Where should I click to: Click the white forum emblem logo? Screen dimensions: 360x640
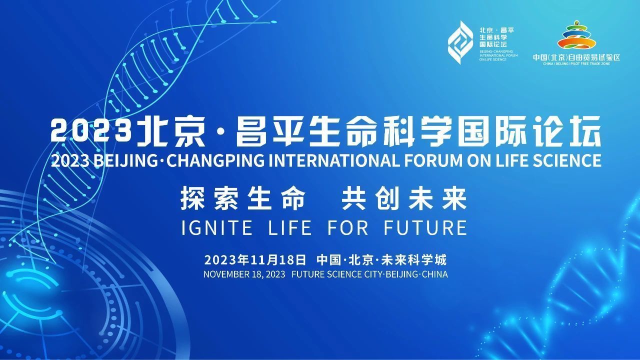click(x=461, y=42)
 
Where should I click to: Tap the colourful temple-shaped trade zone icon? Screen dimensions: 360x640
click(x=576, y=36)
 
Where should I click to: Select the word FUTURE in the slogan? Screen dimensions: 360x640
click(x=425, y=228)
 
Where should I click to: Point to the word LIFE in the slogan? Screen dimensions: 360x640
click(x=289, y=228)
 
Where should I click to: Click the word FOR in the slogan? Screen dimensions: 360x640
click(x=348, y=228)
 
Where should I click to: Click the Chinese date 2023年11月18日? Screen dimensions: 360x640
click(x=255, y=260)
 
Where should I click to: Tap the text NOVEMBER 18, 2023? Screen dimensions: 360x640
click(x=244, y=274)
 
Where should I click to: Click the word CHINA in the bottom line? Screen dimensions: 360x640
click(x=435, y=274)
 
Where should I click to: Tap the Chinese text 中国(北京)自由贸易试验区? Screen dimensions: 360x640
click(x=576, y=57)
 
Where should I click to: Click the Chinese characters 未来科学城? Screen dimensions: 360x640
click(x=413, y=260)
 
